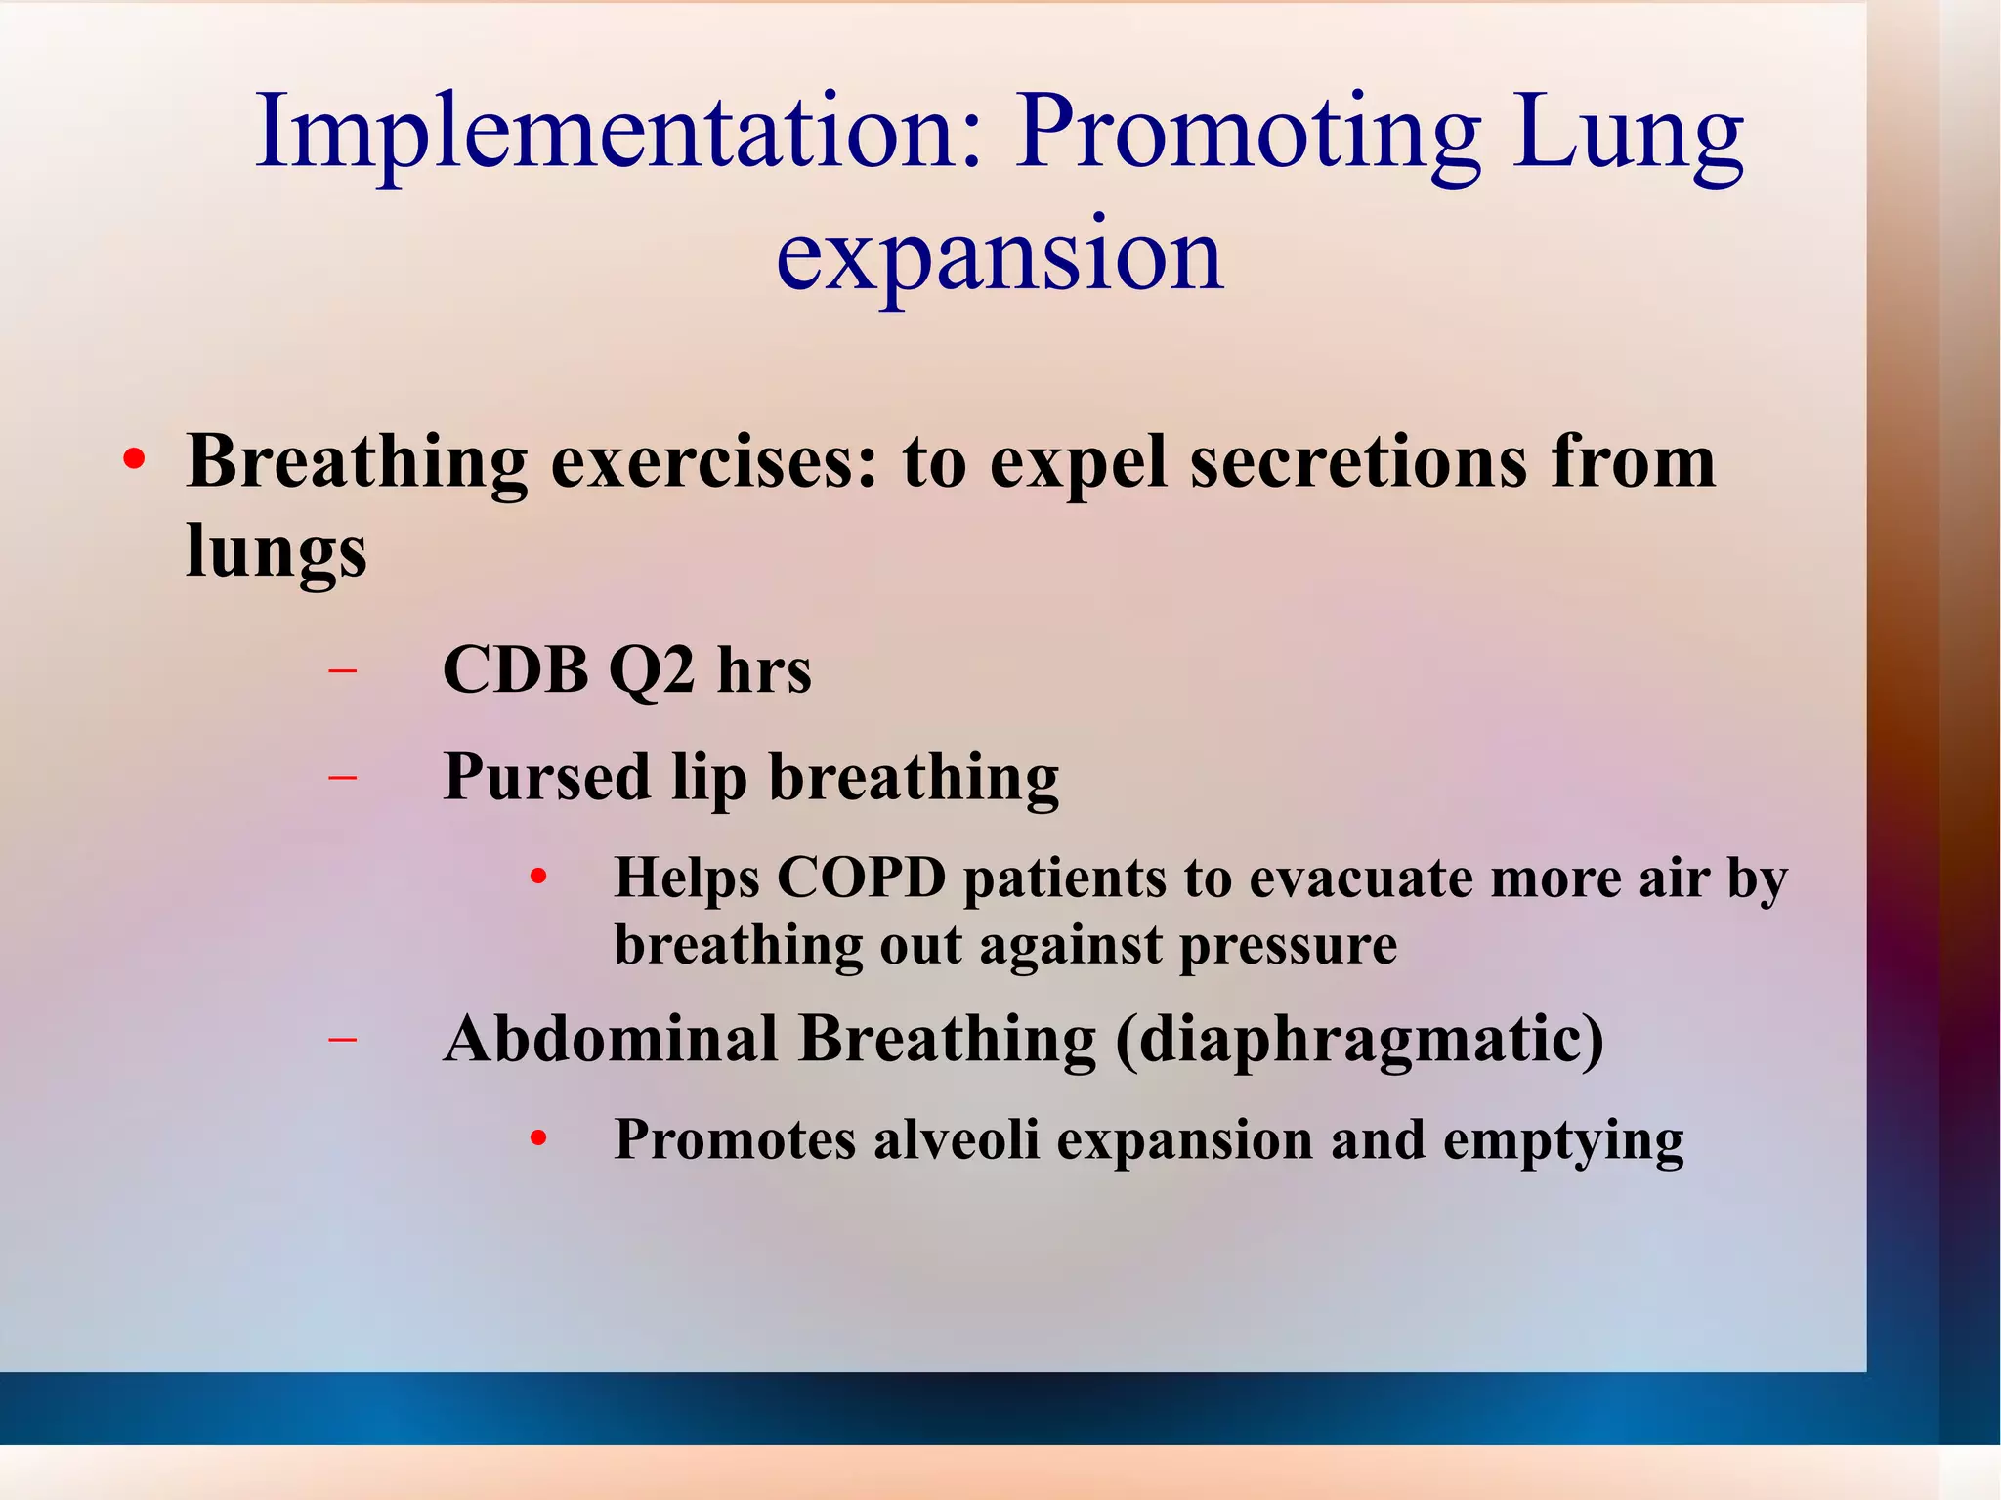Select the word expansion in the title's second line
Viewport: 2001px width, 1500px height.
click(x=999, y=254)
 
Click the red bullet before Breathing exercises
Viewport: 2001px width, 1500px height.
click(x=135, y=459)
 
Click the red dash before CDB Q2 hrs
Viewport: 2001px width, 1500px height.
click(x=342, y=671)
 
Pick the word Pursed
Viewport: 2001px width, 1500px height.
click(x=546, y=778)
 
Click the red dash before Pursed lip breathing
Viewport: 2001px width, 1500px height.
click(x=342, y=778)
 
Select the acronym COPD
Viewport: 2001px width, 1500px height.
click(x=861, y=878)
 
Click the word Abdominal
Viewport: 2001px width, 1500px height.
click(x=611, y=1038)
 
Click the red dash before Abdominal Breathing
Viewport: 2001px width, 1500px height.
click(x=342, y=1040)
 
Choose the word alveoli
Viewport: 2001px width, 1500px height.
click(x=956, y=1139)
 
